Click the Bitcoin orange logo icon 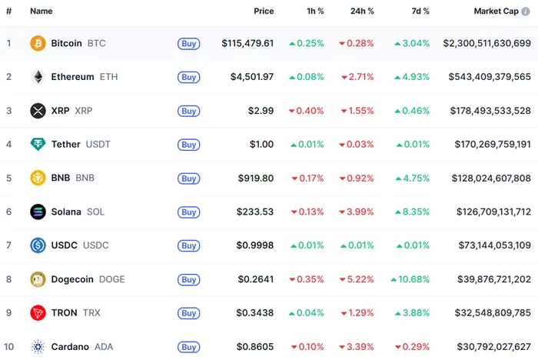point(38,43)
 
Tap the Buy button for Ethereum point(188,77)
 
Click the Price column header point(264,12)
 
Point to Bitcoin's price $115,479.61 point(247,43)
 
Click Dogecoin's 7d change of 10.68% point(410,279)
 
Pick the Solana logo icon point(38,212)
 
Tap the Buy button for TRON point(188,313)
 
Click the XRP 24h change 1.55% point(357,111)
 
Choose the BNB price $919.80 point(257,178)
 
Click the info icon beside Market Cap point(526,12)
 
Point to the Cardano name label point(70,346)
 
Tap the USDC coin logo point(38,245)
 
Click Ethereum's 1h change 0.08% point(306,77)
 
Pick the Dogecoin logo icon point(38,279)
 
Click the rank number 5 point(8,178)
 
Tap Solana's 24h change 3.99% point(357,212)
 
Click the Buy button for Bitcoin point(188,44)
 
